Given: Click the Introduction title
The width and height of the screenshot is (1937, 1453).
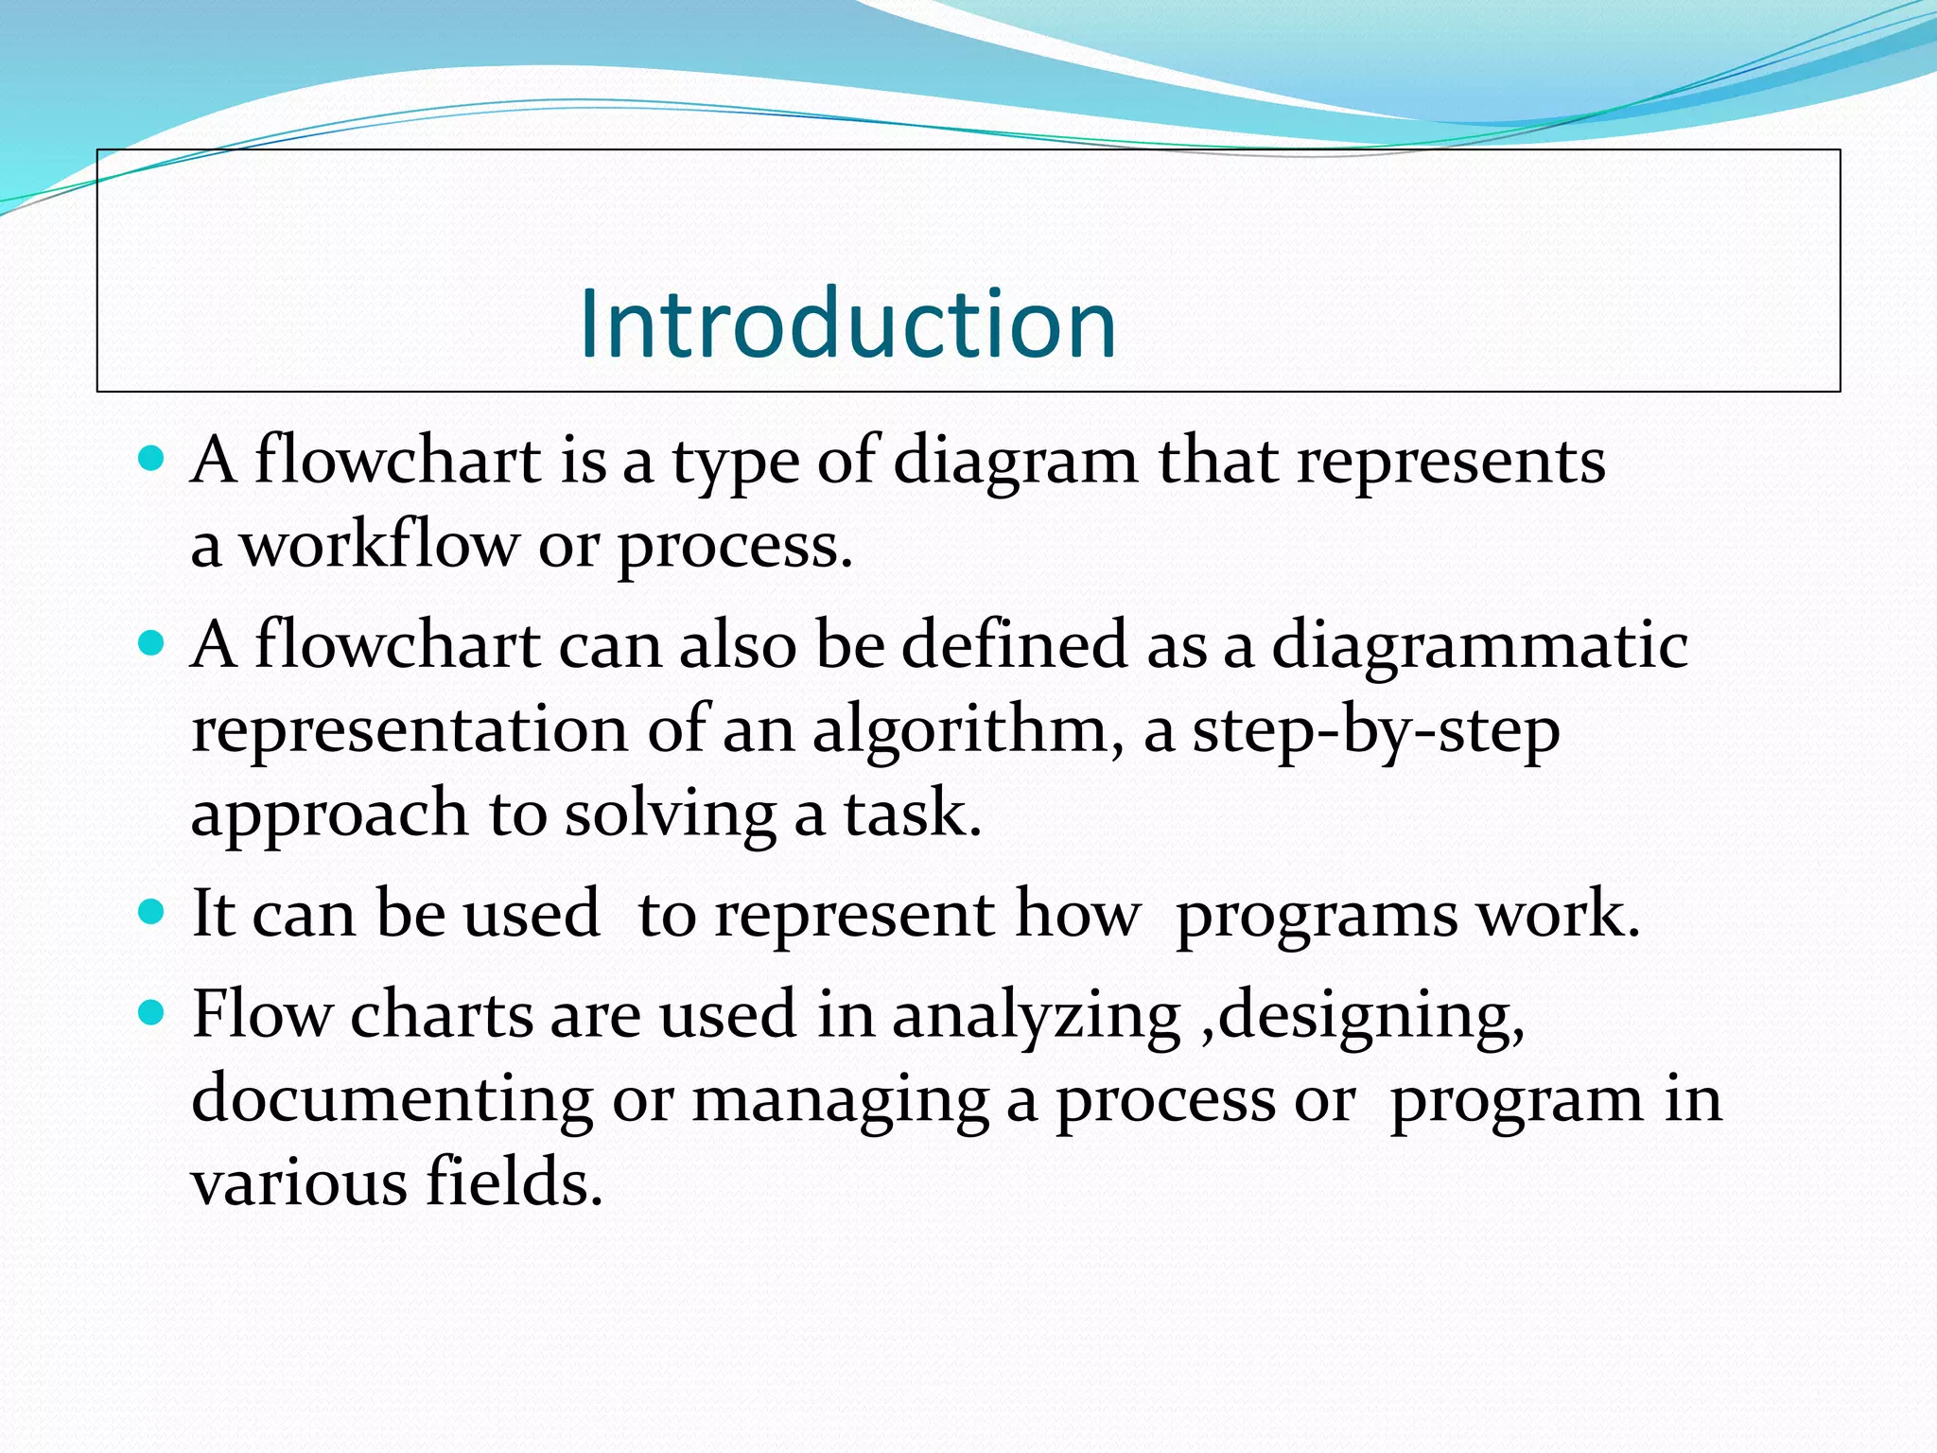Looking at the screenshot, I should pyautogui.click(x=847, y=324).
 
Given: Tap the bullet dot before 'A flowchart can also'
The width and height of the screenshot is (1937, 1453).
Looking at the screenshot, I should pyautogui.click(x=151, y=644).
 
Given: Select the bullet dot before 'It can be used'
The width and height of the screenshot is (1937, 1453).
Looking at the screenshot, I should pyautogui.click(x=151, y=913).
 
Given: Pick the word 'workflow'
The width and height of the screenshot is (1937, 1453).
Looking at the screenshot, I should pyautogui.click(x=378, y=546).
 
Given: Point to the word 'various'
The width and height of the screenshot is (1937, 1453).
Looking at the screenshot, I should pyautogui.click(x=299, y=1183).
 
